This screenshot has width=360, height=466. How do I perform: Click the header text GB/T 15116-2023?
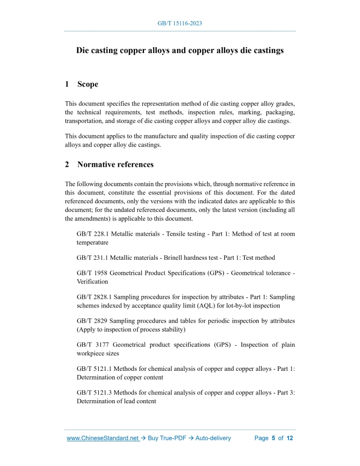pos(179,24)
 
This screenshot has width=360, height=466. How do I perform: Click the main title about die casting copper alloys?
pos(179,51)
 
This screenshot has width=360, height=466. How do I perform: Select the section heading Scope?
pos(87,84)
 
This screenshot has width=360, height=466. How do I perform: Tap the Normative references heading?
pos(115,165)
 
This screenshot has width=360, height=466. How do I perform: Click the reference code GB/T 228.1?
pos(93,234)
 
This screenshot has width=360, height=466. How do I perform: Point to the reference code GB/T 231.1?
pos(93,258)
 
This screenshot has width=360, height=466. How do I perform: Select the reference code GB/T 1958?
pos(91,273)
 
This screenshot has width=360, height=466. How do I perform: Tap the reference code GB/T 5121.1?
pos(94,368)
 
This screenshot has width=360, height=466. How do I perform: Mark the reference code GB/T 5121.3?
pos(94,392)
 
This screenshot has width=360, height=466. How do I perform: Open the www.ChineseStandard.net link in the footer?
pos(103,438)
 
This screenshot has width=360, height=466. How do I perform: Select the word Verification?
pos(92,281)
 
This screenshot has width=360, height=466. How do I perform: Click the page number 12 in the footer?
pos(290,438)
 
